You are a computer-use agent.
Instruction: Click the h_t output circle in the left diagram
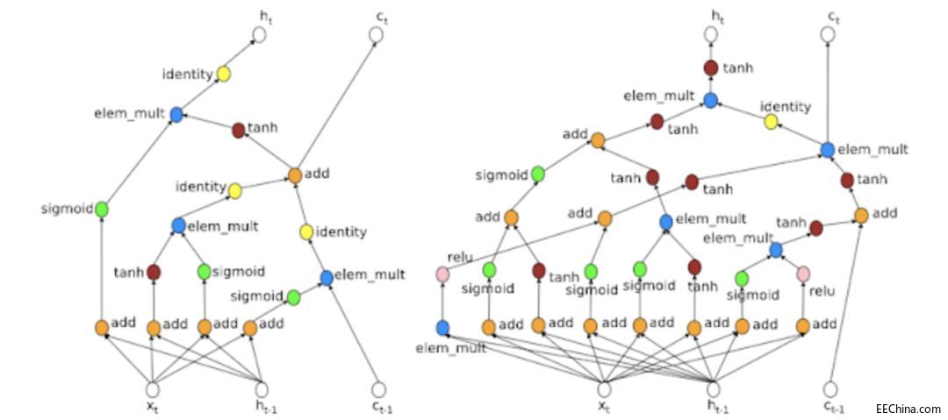point(259,34)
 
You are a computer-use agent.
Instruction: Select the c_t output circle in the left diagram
point(376,34)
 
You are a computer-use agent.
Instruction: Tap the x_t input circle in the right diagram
point(604,388)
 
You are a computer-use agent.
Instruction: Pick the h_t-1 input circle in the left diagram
point(261,388)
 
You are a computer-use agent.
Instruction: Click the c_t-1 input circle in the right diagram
point(830,388)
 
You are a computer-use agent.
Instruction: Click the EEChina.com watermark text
point(908,409)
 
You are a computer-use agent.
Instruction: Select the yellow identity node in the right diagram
point(772,121)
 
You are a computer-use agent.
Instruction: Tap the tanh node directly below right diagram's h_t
point(711,68)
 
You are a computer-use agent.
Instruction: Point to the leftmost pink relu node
point(443,275)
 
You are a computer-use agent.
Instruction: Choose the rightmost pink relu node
point(803,274)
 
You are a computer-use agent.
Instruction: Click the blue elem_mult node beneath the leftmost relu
point(443,327)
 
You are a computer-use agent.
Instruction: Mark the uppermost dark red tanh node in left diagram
point(238,130)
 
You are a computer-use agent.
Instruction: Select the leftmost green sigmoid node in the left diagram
point(102,209)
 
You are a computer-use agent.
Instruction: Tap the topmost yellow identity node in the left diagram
point(224,75)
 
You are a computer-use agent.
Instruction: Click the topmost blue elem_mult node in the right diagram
point(711,100)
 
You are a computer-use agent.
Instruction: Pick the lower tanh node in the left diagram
point(154,272)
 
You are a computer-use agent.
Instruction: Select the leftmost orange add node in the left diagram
point(102,327)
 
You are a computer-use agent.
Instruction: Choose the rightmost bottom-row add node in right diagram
point(802,326)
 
